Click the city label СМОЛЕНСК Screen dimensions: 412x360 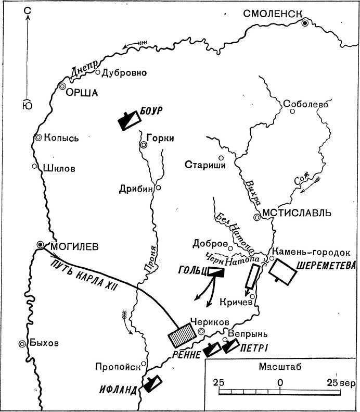point(271,15)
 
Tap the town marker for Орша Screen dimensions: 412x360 point(62,86)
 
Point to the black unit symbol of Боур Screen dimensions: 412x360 point(128,120)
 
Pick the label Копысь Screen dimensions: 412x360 point(61,138)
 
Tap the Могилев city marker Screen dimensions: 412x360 point(41,245)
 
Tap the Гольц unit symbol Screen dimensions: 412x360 point(215,271)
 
